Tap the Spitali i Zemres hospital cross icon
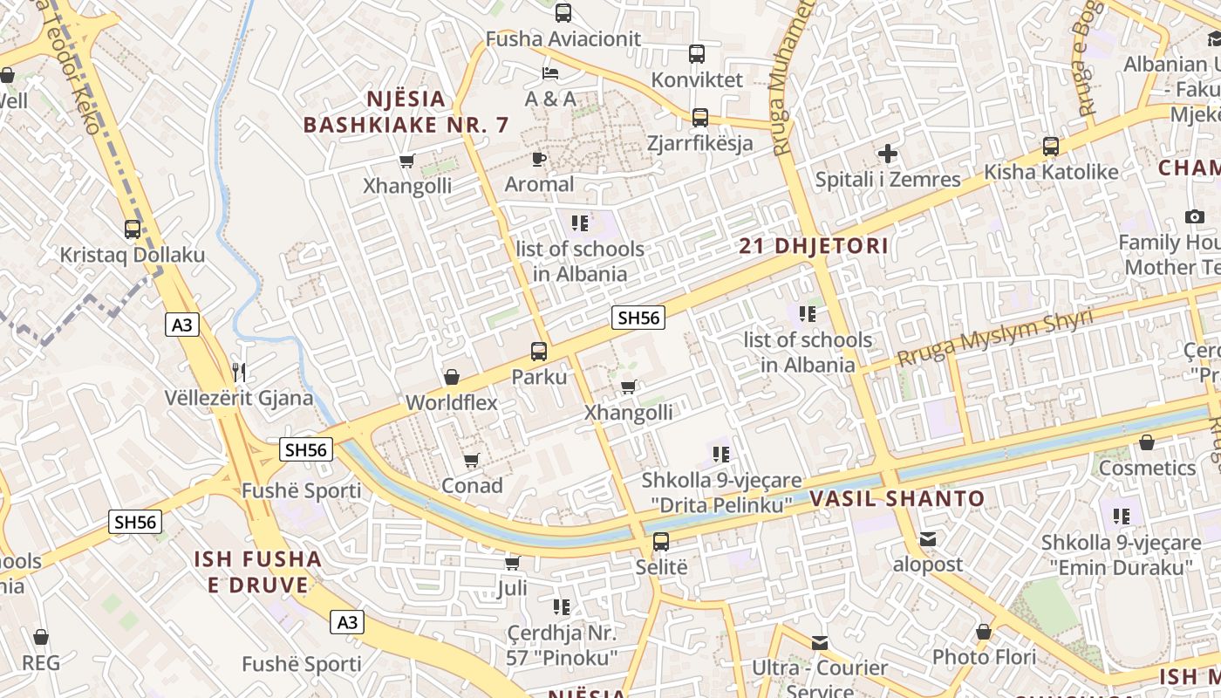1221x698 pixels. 888,154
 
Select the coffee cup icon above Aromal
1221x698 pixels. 539,159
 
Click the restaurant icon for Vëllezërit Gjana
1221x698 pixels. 239,373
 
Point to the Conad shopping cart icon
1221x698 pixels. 472,460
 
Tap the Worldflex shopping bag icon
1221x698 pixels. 452,377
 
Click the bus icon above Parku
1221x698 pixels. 539,352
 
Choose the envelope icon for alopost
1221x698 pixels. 928,539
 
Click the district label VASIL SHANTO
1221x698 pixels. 897,499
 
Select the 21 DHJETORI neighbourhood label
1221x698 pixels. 814,246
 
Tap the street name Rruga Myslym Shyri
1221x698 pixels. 994,338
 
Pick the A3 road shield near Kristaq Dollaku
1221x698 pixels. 181,325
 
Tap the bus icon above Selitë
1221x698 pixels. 661,542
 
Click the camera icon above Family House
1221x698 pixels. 1195,216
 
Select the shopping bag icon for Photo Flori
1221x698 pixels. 984,631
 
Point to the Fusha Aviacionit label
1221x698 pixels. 563,39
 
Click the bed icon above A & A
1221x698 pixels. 550,72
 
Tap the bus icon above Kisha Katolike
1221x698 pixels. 1051,147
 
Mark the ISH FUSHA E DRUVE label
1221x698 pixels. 257,571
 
